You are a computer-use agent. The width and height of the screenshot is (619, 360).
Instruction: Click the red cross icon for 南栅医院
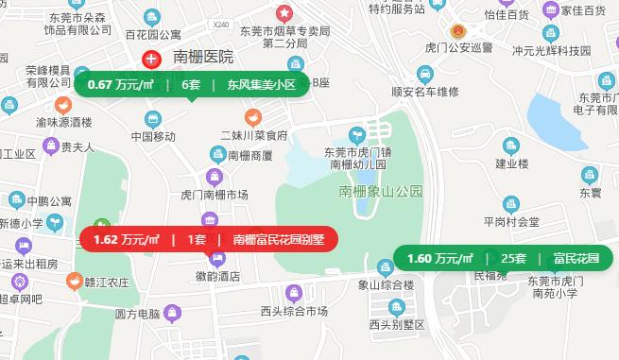click(x=150, y=59)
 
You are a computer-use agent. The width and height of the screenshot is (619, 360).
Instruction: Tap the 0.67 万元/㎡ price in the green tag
click(x=120, y=84)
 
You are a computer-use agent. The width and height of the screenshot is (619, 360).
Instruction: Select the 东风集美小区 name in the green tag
click(x=261, y=84)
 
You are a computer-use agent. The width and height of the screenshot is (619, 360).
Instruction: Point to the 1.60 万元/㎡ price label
click(x=439, y=258)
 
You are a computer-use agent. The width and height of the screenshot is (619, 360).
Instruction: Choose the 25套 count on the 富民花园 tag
click(x=513, y=258)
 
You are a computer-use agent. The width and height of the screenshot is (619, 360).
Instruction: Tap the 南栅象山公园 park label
click(x=381, y=192)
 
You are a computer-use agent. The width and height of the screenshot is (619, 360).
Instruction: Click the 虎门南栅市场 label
click(x=214, y=195)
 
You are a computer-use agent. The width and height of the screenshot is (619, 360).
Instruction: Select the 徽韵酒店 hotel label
click(x=217, y=277)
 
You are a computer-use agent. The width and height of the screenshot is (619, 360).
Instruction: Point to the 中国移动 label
click(x=153, y=136)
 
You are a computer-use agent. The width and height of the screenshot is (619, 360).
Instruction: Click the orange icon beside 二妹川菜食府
click(x=252, y=117)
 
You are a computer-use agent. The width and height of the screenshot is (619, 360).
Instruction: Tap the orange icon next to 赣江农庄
click(x=74, y=282)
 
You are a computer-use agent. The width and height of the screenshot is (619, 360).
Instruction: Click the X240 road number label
click(x=222, y=24)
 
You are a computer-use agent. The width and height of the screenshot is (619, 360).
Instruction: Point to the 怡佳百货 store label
click(x=506, y=14)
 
